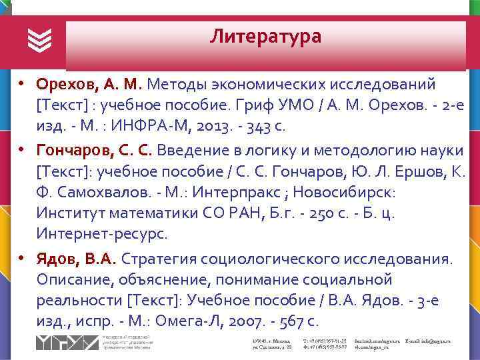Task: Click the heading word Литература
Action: point(265,36)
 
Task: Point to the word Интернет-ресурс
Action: point(103,235)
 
